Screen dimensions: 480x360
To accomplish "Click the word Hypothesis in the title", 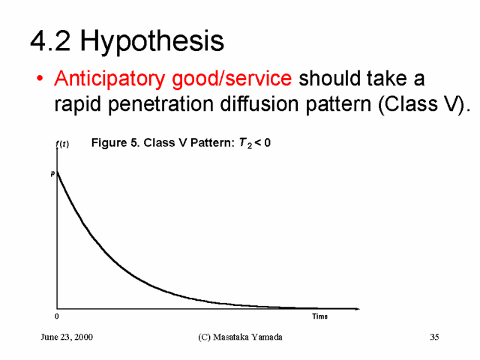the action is tap(151, 41).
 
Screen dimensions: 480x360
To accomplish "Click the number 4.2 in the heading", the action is tap(50, 40).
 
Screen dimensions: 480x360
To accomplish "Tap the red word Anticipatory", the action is tap(109, 79).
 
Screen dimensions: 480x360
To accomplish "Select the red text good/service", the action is tap(232, 79).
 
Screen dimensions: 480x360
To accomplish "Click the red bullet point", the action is tap(40, 78).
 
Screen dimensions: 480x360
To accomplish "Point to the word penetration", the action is tap(160, 104).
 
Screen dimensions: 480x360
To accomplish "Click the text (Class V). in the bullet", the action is tap(424, 104).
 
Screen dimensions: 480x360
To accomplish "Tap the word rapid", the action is tap(78, 105).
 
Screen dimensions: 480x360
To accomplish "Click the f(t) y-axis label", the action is tap(62, 144).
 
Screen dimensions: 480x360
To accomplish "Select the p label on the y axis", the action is tap(52, 173).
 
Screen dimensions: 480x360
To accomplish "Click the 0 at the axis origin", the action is tap(57, 316).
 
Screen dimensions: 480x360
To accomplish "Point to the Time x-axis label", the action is tap(320, 316).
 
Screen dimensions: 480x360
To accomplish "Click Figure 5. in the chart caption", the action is tap(116, 143).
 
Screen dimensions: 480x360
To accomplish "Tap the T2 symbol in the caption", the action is tap(245, 143).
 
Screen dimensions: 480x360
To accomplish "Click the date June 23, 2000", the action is tap(67, 337).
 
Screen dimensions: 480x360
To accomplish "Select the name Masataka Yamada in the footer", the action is tap(247, 337).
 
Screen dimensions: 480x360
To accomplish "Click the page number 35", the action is tap(434, 337).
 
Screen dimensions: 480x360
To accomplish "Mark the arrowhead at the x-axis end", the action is tap(358, 309).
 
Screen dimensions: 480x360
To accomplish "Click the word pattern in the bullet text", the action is tap(338, 105).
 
